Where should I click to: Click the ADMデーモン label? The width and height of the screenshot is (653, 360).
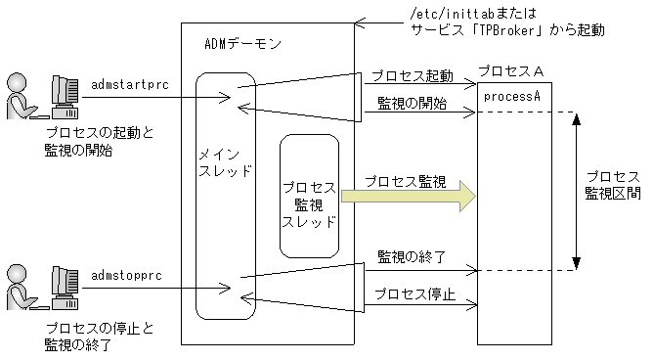242,43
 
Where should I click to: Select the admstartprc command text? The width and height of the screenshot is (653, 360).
129,84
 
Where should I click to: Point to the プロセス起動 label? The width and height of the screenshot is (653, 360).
411,75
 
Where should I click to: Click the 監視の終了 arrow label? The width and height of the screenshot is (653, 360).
410,258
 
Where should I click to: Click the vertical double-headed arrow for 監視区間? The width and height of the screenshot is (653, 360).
577,191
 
